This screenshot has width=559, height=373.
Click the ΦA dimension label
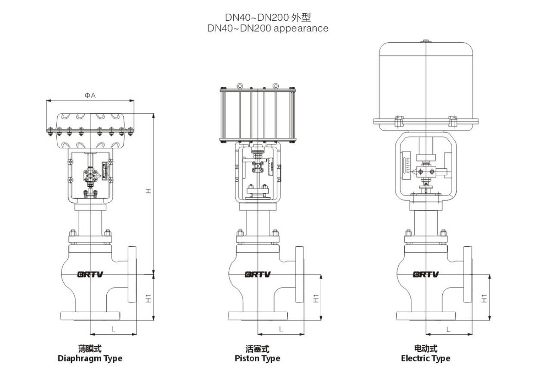90,95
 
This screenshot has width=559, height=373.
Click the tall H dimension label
148,191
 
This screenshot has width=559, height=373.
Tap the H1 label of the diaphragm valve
148,297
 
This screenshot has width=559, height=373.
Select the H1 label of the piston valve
316,297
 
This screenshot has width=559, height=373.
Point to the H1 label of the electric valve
484,298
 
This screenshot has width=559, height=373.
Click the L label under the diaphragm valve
113,329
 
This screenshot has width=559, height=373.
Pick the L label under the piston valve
281,329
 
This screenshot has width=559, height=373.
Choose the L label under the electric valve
448,329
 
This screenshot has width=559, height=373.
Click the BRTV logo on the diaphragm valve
90,274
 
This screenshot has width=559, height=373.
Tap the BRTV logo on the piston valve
258,274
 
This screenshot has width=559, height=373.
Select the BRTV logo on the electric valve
425,274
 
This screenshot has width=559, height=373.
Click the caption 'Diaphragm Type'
90,358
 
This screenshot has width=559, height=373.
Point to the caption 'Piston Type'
258,358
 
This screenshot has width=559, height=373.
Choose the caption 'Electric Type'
425,358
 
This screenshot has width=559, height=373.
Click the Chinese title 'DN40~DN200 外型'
268,18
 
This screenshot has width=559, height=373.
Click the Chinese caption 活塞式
258,348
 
